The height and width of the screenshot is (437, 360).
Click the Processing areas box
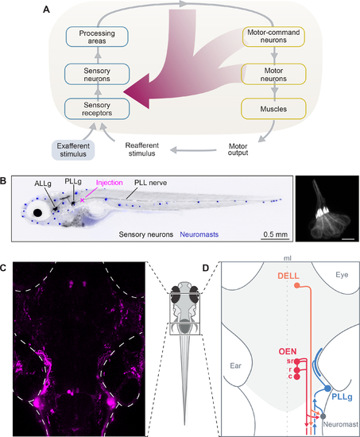coord(97,37)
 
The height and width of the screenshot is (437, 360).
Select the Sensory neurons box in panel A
coord(97,75)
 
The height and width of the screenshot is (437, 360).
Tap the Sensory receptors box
coord(97,109)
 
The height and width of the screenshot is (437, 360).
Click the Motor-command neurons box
coord(273,37)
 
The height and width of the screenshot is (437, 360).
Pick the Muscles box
coord(273,109)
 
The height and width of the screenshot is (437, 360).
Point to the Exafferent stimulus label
coord(73,150)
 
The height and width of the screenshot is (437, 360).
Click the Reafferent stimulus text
coord(141,149)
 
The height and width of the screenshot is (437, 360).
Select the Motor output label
coord(238,149)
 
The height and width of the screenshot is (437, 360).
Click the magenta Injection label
coord(110,183)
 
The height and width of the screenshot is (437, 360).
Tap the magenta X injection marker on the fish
coord(83,200)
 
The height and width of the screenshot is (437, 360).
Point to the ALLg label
coord(43,184)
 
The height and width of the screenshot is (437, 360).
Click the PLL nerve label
coord(150,183)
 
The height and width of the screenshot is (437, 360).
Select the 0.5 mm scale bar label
coord(275,234)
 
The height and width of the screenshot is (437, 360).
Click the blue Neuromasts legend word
coord(199,234)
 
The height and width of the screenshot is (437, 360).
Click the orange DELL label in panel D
coord(288,276)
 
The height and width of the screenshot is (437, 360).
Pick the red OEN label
coord(288,351)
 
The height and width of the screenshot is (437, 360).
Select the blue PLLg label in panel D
coord(342,396)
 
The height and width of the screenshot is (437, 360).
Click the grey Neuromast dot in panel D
coord(323,416)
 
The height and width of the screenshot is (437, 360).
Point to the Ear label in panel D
coord(236,365)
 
